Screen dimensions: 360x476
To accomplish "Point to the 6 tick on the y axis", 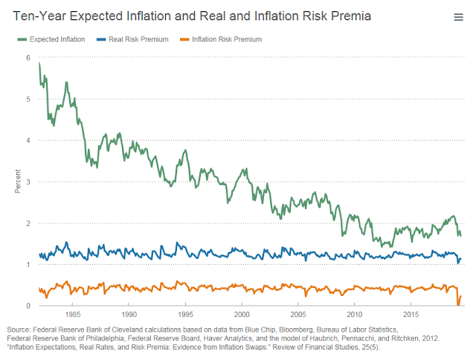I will coord(28,57).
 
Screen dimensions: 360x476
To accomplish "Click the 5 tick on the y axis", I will coord(28,99).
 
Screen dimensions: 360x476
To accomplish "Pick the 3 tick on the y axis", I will coord(28,181).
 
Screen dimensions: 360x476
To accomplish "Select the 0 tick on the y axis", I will coord(28,306).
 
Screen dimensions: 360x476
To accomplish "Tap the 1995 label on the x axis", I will coord(185,315).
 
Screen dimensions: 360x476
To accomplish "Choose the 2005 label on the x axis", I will coord(298,315).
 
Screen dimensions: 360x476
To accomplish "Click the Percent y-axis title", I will coord(17,181).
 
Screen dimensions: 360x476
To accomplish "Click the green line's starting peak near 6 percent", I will coord(39,64).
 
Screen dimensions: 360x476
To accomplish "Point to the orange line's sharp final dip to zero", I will coord(458,304).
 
